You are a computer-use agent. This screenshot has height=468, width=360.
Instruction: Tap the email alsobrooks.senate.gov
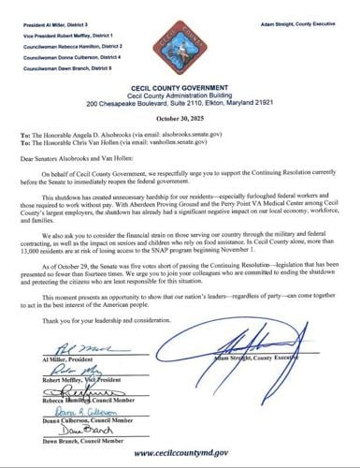[x=179, y=124]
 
